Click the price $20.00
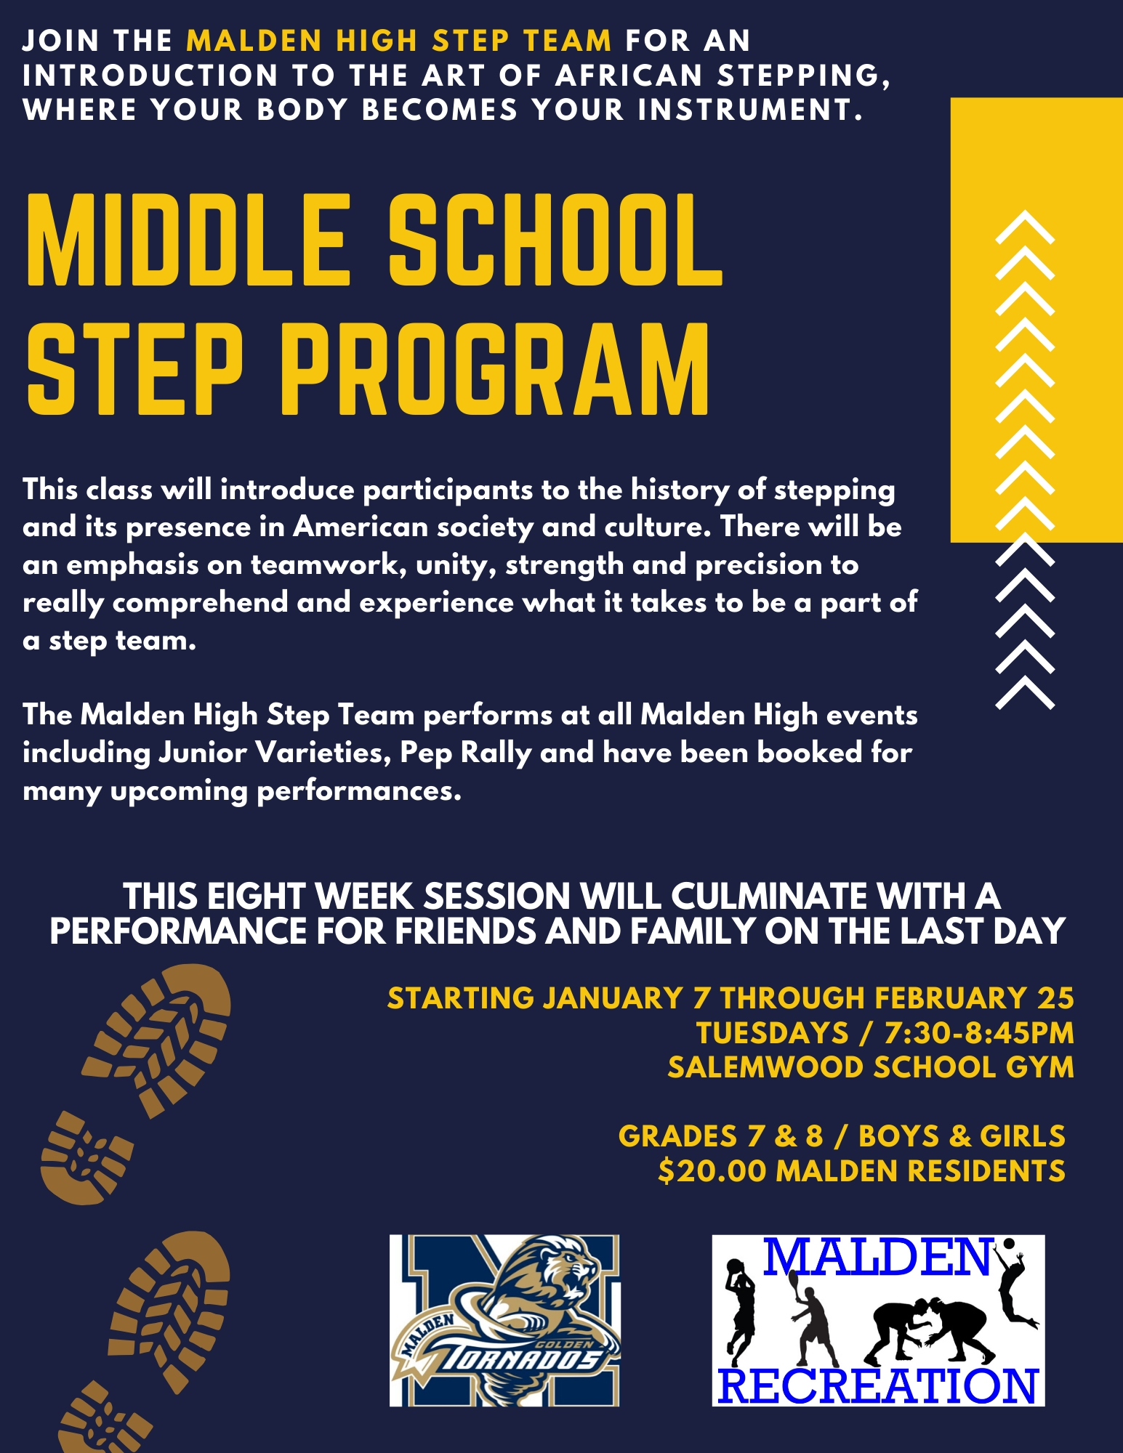pos(712,1171)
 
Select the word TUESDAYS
pos(772,1032)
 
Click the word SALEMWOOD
pos(765,1067)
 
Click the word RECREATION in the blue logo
pos(878,1386)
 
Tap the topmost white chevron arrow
pos(1024,227)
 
